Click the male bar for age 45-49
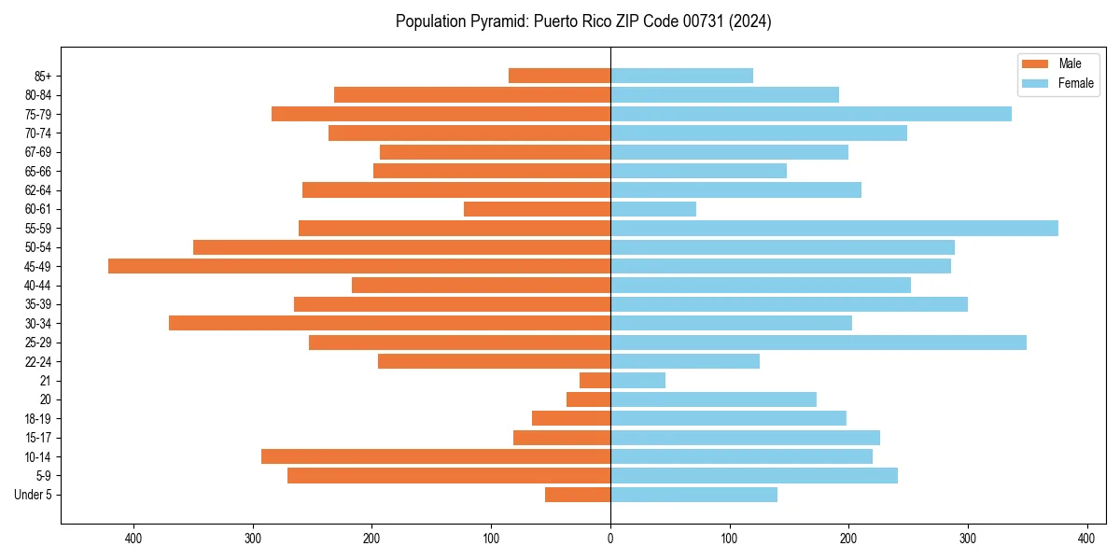[359, 266]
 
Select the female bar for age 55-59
[834, 228]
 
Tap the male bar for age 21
[595, 380]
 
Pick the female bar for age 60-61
[653, 209]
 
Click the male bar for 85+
[560, 76]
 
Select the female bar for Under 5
[693, 495]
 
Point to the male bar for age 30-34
[389, 323]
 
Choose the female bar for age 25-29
[819, 343]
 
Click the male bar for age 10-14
[436, 456]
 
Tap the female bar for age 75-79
[811, 114]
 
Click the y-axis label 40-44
[37, 286]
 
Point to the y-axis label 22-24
[37, 361]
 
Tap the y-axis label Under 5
[34, 495]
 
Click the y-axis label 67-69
[37, 152]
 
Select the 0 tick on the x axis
[610, 539]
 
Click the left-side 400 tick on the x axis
[133, 539]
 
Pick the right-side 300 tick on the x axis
[968, 539]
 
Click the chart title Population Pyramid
[583, 21]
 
